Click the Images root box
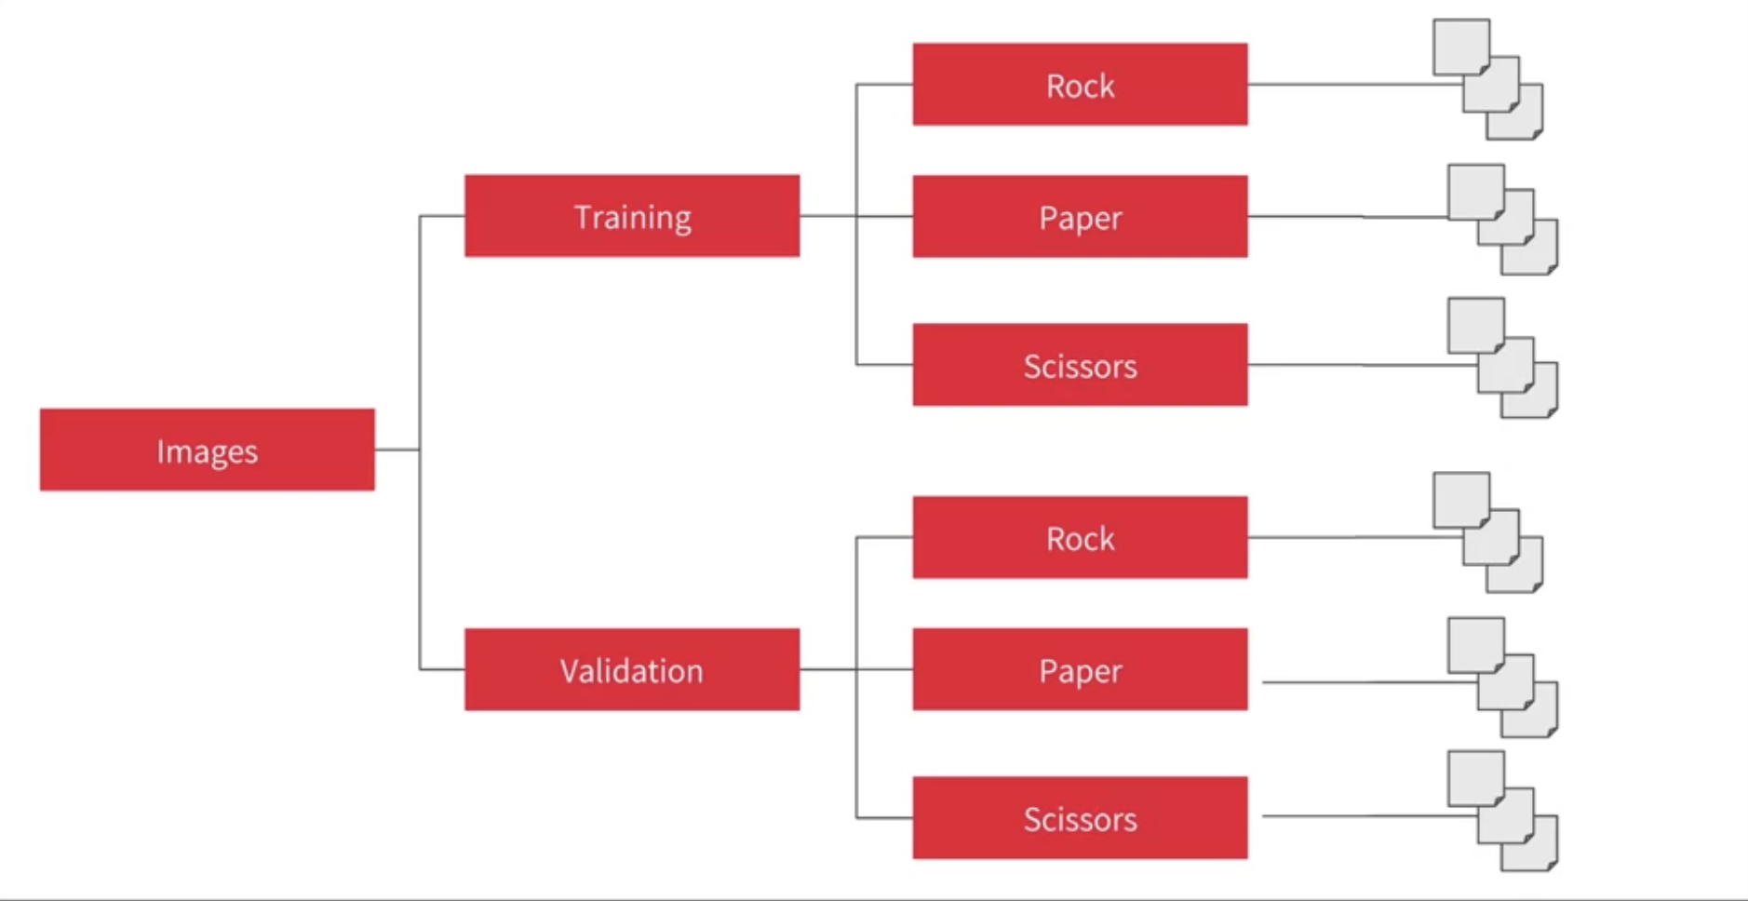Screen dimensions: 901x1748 (207, 450)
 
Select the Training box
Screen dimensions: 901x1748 (631, 216)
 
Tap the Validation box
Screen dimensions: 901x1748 (631, 669)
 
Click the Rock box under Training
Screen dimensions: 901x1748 (1080, 84)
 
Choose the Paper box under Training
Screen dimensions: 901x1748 (1080, 216)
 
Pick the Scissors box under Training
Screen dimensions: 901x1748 (1080, 365)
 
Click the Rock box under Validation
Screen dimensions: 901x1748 (1080, 537)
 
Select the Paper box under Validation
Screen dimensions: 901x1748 (1080, 669)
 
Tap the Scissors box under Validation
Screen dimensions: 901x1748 (1080, 817)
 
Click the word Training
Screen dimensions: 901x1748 (632, 217)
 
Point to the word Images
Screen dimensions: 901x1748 (207, 451)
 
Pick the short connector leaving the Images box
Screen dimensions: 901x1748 (397, 450)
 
